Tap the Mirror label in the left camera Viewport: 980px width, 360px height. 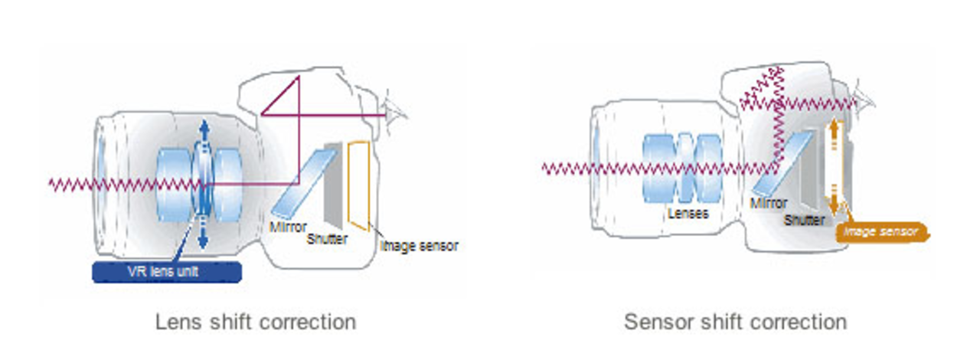tap(289, 227)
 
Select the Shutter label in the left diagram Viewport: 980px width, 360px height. tap(327, 239)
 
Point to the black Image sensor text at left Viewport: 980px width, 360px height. tap(419, 246)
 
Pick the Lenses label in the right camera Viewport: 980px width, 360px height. tap(688, 214)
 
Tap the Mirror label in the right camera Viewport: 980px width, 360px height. tap(768, 204)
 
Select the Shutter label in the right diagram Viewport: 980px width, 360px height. tap(804, 221)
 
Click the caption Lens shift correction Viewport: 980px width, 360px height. tap(256, 322)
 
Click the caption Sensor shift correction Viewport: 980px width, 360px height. tap(735, 322)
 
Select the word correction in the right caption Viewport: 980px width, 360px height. tap(799, 322)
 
